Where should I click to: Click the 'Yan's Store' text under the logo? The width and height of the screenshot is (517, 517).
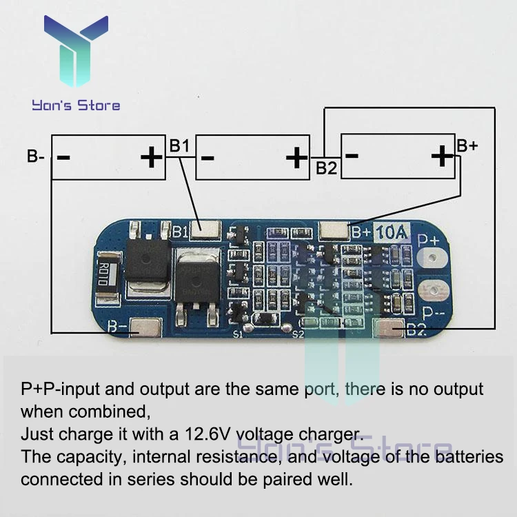click(x=76, y=105)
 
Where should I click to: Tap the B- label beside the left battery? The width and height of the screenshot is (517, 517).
click(x=36, y=156)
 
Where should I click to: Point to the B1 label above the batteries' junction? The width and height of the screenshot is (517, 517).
click(x=179, y=145)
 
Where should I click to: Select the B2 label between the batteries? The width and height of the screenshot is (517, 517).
click(x=327, y=168)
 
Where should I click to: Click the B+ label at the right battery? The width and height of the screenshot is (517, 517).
click(x=467, y=145)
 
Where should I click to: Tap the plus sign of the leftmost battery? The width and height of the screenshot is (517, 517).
click(x=151, y=158)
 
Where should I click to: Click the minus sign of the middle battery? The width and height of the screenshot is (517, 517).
click(x=207, y=158)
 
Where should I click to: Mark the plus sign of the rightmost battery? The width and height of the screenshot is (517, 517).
click(x=441, y=157)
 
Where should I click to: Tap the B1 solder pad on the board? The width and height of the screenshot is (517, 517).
click(x=207, y=230)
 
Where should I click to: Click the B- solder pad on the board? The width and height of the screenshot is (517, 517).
click(x=145, y=328)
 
